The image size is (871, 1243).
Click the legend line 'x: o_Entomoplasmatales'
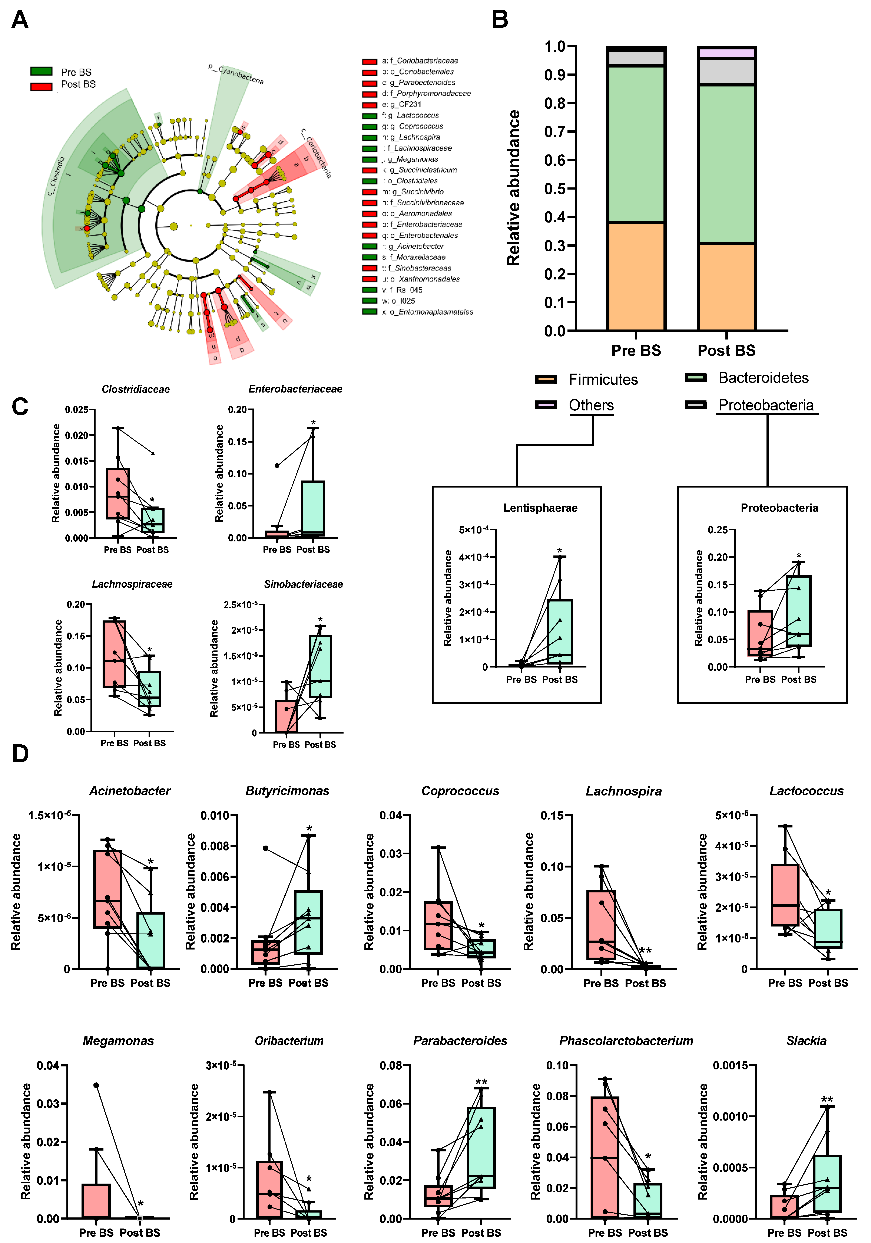point(427,312)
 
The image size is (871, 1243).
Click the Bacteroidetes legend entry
point(763,378)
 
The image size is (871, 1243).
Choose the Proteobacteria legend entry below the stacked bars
point(765,406)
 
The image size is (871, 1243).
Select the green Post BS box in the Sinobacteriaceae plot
point(320,666)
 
